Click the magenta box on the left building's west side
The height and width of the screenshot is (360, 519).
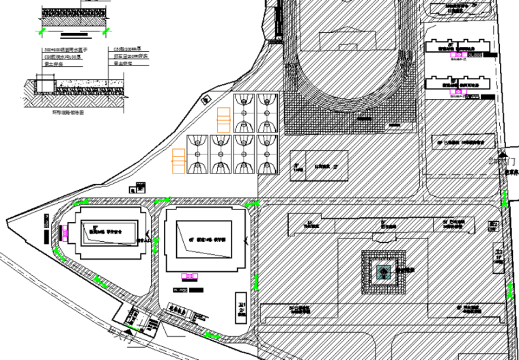(x=65, y=232)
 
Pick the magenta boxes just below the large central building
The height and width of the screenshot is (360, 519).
(x=188, y=276)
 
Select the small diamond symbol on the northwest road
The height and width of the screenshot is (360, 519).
(x=204, y=100)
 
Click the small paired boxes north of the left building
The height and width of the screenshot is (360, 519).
(x=139, y=186)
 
